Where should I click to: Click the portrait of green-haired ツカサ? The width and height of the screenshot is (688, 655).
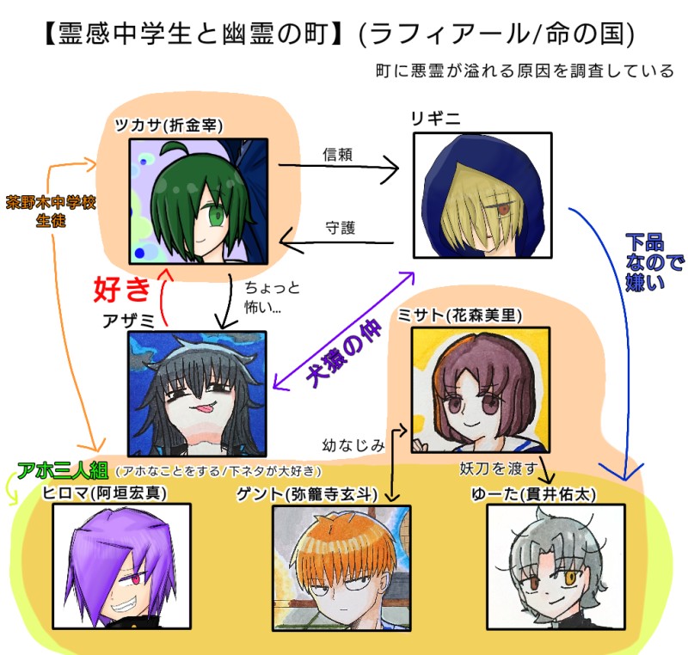point(198,201)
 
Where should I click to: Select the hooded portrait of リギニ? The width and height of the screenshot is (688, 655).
point(482,195)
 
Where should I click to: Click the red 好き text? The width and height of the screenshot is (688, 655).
point(122,290)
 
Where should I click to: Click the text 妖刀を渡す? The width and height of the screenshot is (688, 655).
point(499,468)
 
